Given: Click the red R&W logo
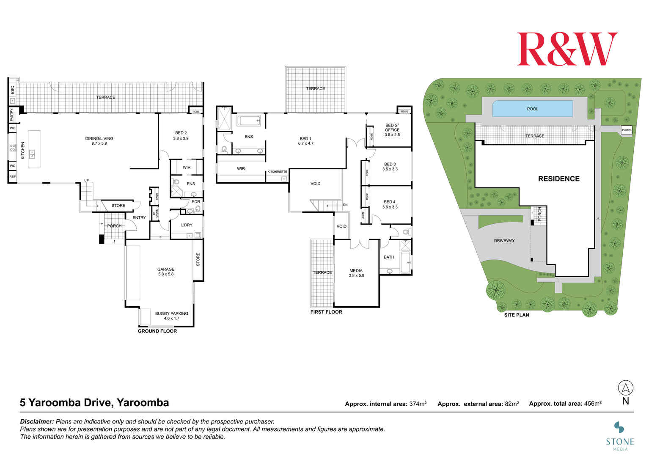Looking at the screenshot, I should [x=567, y=49].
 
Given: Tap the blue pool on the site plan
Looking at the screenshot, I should [x=532, y=109].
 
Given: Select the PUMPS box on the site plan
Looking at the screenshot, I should [x=626, y=130].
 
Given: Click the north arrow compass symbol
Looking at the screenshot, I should [x=625, y=388].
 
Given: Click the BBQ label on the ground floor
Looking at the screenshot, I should [x=12, y=90].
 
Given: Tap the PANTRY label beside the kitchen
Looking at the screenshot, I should [x=12, y=114].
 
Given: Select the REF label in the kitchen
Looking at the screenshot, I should [x=12, y=177].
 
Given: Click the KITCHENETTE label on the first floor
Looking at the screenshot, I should [x=277, y=172].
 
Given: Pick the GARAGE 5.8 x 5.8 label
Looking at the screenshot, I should [x=166, y=272].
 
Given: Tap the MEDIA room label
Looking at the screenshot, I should [x=356, y=273].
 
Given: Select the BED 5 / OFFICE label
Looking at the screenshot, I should [x=392, y=130].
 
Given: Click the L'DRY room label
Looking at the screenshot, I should [x=187, y=225].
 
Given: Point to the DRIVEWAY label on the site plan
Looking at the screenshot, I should [x=504, y=241].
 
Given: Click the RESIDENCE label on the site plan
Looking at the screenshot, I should [x=558, y=179].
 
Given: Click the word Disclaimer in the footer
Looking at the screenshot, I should [x=37, y=422].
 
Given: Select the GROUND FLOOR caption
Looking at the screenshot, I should [x=157, y=331].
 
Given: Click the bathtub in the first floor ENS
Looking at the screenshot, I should [x=249, y=121].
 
